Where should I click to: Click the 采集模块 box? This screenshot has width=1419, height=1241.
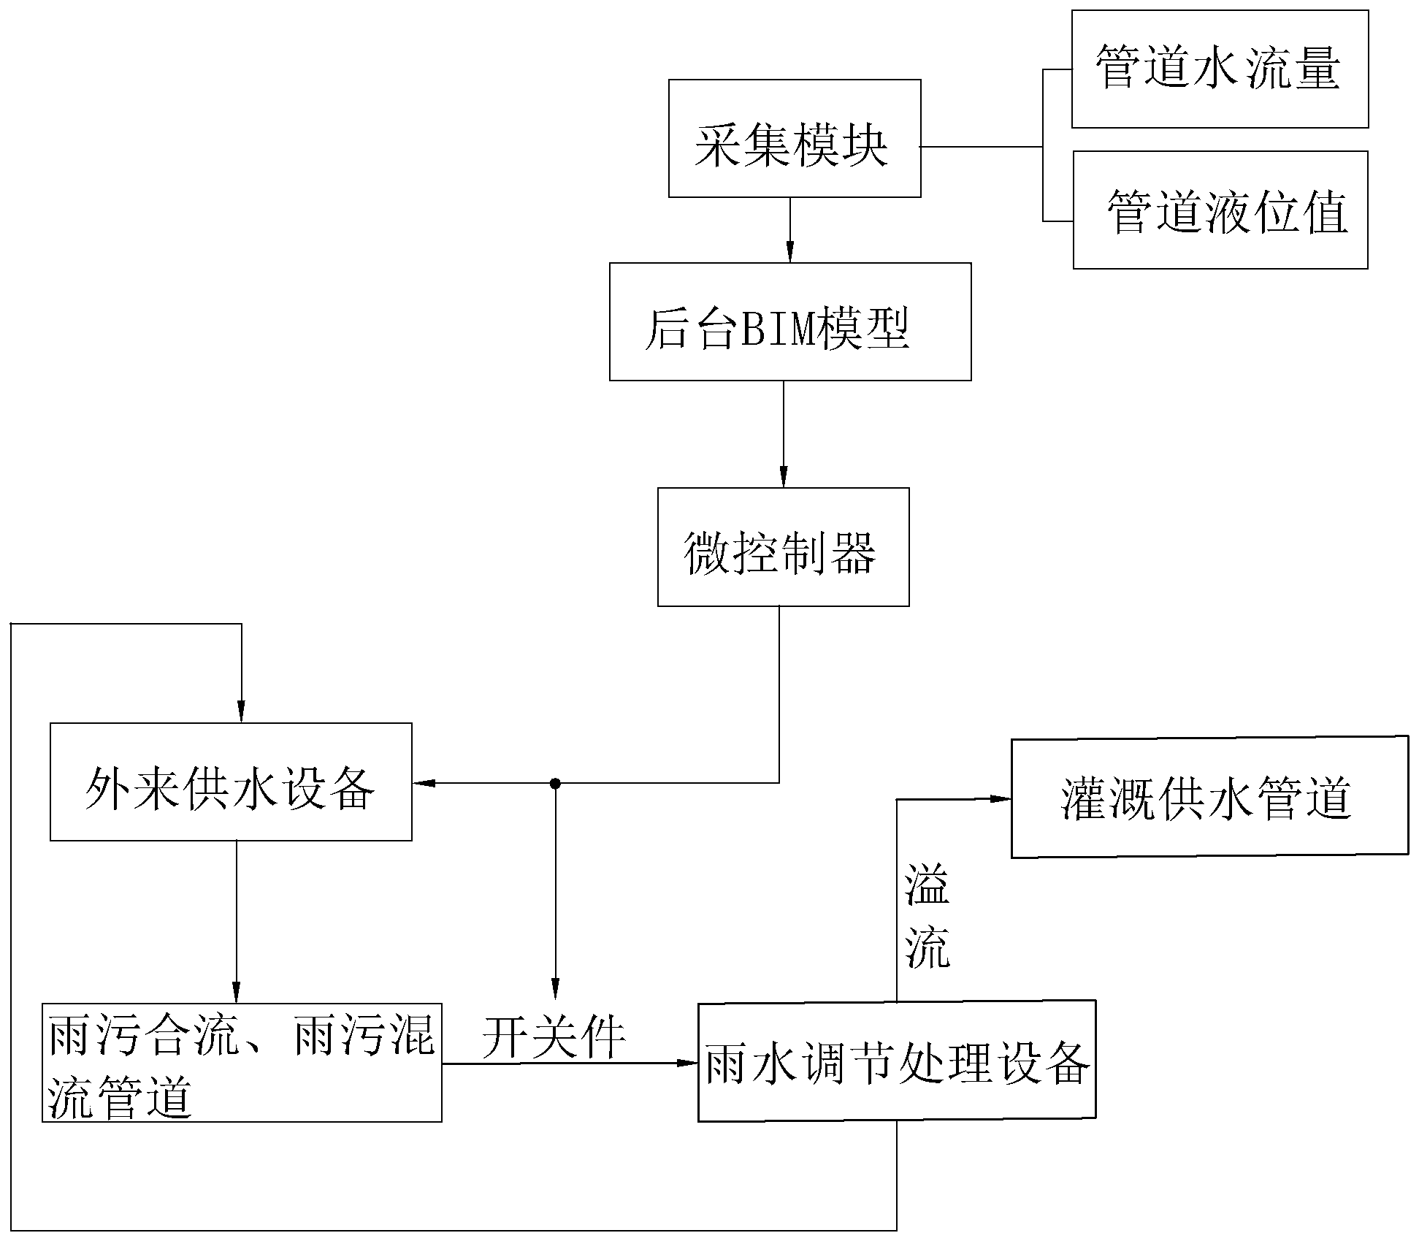point(794,139)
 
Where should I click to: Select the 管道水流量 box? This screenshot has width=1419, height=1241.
point(1220,69)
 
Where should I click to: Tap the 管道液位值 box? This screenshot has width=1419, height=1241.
point(1220,210)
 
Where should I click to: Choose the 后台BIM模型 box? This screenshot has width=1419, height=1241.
point(789,322)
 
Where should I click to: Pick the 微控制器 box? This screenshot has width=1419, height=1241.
point(783,547)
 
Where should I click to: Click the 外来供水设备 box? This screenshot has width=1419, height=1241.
point(231,782)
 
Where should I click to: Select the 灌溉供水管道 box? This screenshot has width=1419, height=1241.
point(1209,797)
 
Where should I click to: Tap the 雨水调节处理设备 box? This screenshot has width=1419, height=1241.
point(896,1061)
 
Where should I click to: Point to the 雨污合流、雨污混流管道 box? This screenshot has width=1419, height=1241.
point(242,1063)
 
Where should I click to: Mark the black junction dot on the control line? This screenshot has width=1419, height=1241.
point(555,784)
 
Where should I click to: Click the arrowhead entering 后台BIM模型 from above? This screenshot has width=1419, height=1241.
point(789,253)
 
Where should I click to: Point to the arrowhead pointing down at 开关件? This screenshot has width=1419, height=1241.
point(555,990)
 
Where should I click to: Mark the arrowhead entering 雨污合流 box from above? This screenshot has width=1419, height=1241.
point(236,994)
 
